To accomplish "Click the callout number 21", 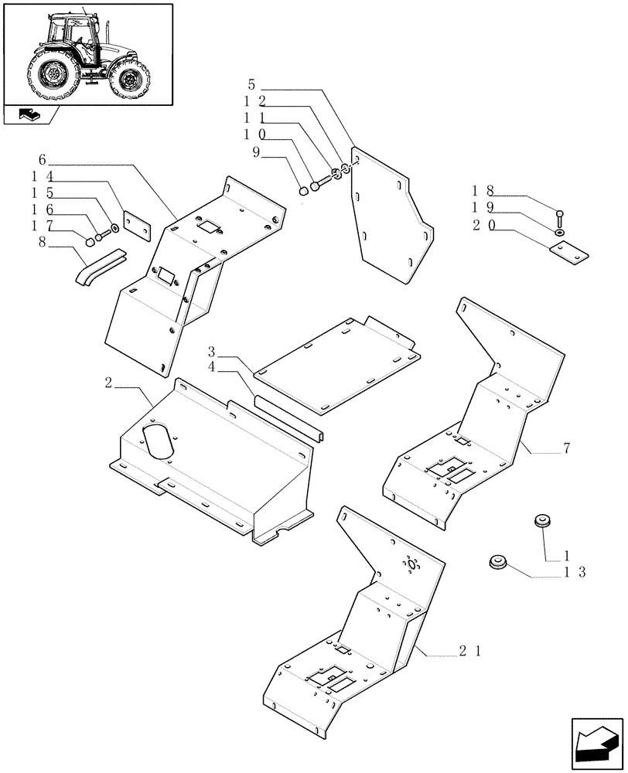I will pos(469,652).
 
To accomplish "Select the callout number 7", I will pos(568,448).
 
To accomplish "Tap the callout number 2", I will pos(108,382).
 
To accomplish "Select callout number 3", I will pos(211,352).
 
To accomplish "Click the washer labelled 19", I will pos(559,231).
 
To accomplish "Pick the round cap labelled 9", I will pos(304,190).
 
